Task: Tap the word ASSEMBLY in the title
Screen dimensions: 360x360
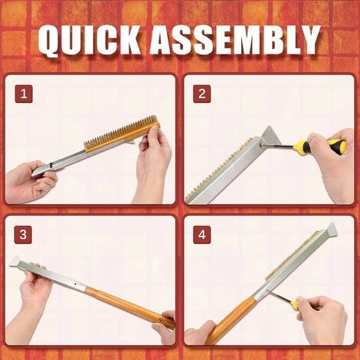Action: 233,40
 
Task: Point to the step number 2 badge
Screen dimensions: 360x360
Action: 203,94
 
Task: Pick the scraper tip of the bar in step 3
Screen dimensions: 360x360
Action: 17,262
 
